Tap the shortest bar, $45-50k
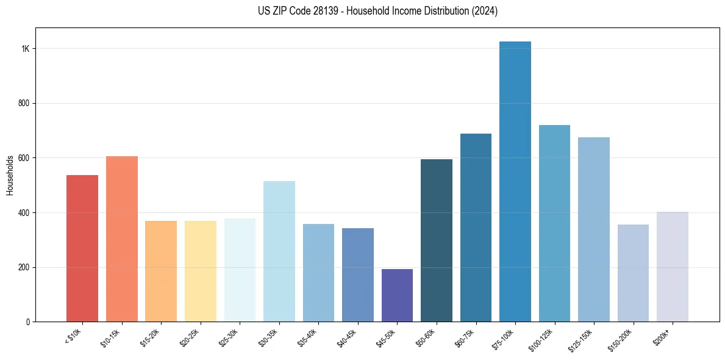point(397,295)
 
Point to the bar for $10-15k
point(121,239)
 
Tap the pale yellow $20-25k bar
point(200,271)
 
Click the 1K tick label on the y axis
point(25,49)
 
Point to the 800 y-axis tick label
point(24,104)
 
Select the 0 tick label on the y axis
point(27,322)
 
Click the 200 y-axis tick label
point(24,267)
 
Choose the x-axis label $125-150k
point(580,339)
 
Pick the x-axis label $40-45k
point(348,337)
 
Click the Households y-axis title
point(10,175)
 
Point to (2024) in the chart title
point(484,11)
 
